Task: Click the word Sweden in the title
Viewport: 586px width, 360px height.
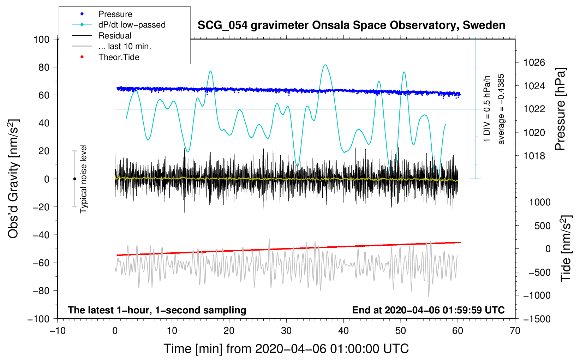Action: (x=484, y=25)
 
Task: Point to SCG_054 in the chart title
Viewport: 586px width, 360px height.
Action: (x=222, y=26)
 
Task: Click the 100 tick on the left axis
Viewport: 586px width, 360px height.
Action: (x=41, y=40)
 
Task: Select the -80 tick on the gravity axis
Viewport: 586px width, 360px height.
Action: (x=41, y=291)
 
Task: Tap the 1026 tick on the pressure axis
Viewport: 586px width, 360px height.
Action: (x=534, y=62)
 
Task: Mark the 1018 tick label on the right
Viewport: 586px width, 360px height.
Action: (x=534, y=156)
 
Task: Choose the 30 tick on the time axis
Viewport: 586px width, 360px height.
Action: (x=286, y=331)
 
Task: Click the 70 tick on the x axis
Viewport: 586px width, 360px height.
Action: (x=515, y=331)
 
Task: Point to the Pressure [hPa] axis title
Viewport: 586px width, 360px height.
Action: (x=560, y=109)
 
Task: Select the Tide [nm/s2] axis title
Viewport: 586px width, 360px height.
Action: (x=566, y=248)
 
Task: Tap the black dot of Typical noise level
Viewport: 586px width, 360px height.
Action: (x=74, y=179)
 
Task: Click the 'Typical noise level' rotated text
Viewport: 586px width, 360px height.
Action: (x=83, y=179)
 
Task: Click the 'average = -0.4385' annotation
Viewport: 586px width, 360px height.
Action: (x=501, y=109)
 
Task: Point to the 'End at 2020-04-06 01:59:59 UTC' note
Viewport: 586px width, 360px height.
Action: (x=428, y=310)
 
